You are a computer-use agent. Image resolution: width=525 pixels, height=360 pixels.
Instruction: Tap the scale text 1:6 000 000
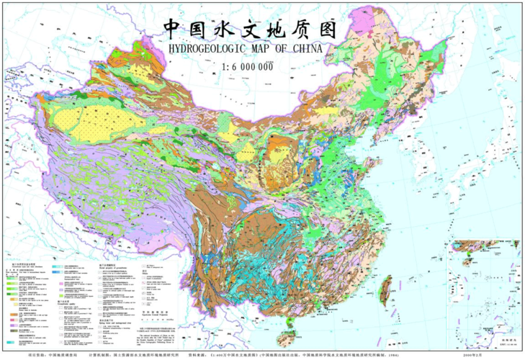pyautogui.click(x=247, y=67)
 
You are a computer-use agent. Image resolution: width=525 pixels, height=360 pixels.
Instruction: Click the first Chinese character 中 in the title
pyautogui.click(x=175, y=27)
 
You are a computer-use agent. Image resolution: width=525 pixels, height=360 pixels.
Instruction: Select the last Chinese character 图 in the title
pyautogui.click(x=324, y=27)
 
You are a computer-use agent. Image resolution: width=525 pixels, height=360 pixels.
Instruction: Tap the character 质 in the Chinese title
pyautogui.click(x=295, y=27)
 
